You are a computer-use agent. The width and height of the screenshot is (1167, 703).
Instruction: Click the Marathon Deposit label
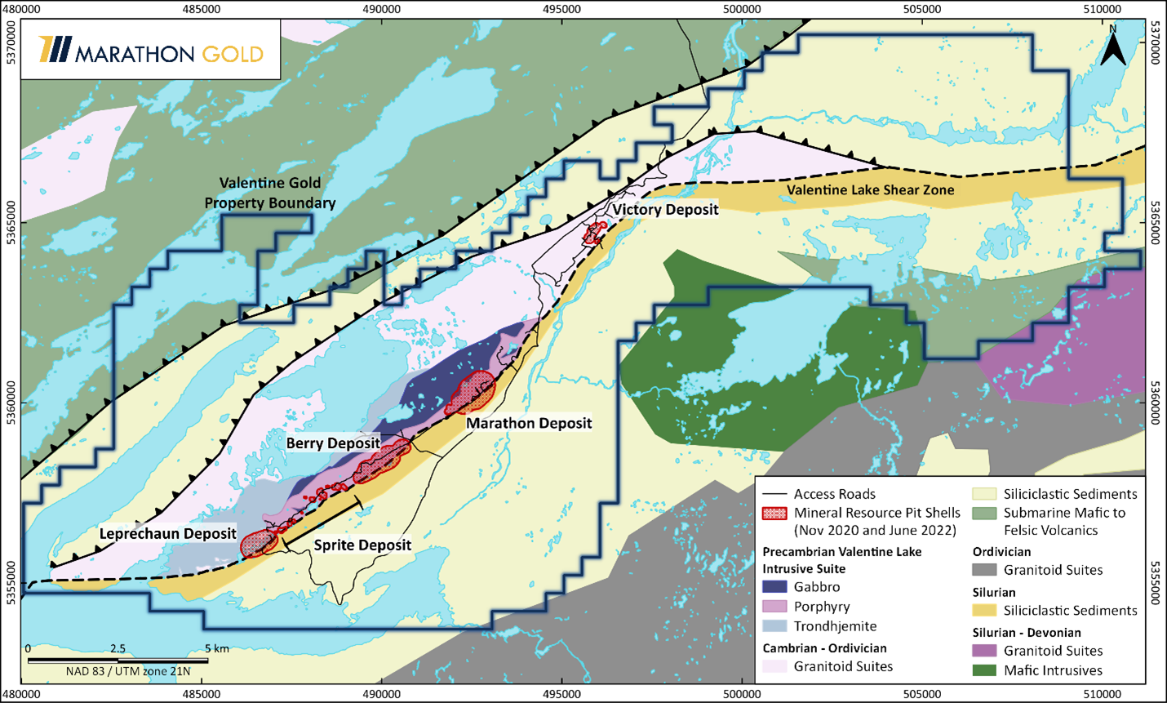click(529, 423)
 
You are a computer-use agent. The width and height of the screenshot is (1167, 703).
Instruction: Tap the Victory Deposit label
click(665, 210)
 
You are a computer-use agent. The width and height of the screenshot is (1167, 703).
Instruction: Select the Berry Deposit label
click(333, 443)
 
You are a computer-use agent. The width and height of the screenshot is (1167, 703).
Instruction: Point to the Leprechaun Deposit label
click(168, 534)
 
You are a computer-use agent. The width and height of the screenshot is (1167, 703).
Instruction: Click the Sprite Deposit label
click(362, 545)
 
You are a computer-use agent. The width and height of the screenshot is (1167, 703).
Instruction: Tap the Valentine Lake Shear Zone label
click(870, 190)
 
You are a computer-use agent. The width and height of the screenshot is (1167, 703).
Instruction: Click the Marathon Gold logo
click(150, 51)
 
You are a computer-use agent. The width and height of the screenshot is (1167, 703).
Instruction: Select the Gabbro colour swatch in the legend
click(774, 587)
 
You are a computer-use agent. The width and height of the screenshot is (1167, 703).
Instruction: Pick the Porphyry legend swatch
click(774, 607)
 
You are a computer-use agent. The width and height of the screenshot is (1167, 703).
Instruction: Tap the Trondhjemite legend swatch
click(774, 626)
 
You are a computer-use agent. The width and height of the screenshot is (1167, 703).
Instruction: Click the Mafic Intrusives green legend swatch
click(985, 670)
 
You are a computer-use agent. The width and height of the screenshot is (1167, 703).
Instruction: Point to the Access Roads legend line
click(774, 494)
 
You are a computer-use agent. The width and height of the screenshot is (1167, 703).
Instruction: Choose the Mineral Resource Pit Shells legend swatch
click(774, 514)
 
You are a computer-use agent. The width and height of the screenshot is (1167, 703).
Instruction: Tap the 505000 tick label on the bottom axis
click(922, 694)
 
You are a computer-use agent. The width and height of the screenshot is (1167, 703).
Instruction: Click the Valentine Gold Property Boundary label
click(269, 193)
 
